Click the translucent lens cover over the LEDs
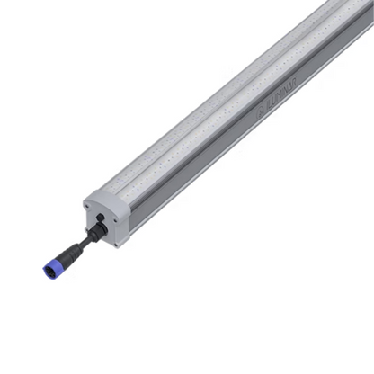coord(225,99)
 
